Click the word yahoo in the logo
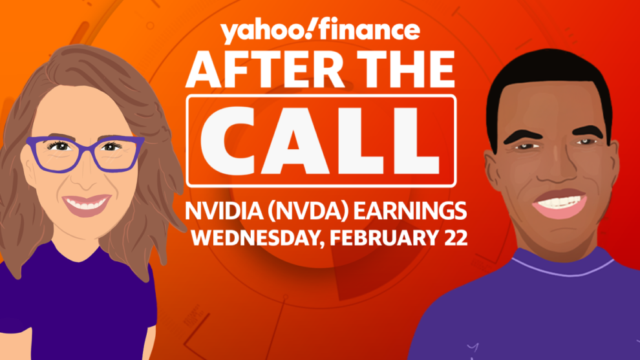pos(262,32)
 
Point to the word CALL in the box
pos(321,141)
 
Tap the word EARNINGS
pos(409,211)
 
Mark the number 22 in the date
pos(456,237)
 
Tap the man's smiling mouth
pos(559,202)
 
